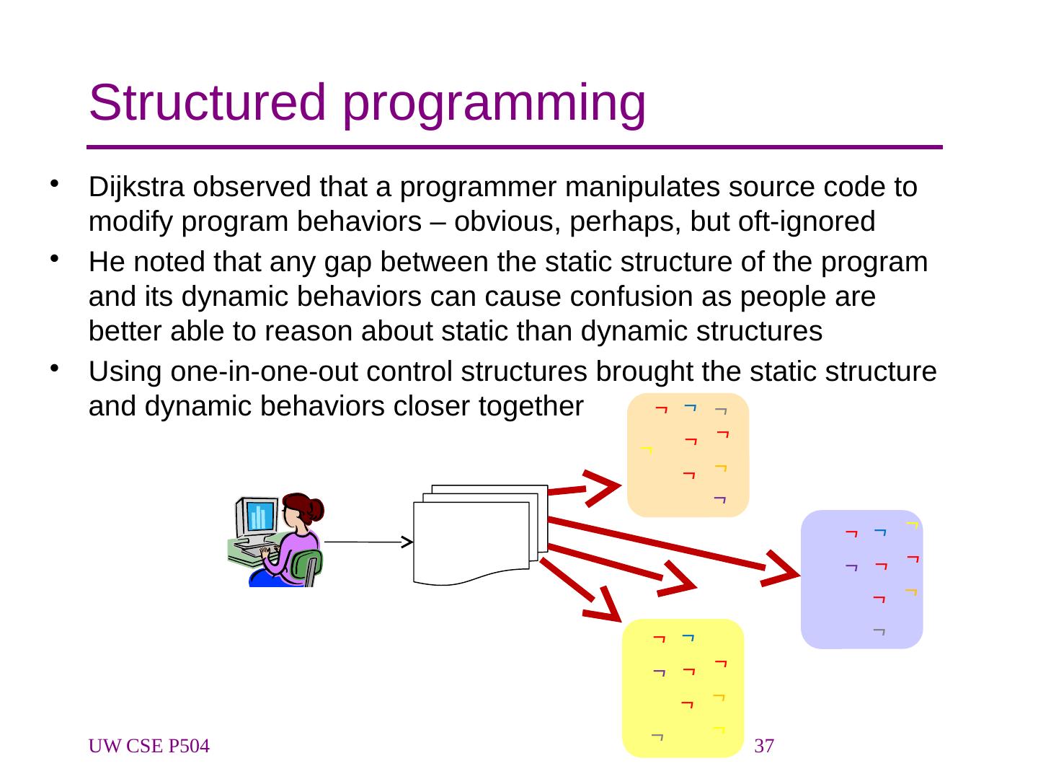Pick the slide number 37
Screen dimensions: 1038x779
click(x=763, y=747)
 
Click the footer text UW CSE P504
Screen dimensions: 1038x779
click(x=149, y=747)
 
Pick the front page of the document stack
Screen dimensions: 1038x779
click(x=470, y=541)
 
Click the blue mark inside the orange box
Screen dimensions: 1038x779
click(x=690, y=408)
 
